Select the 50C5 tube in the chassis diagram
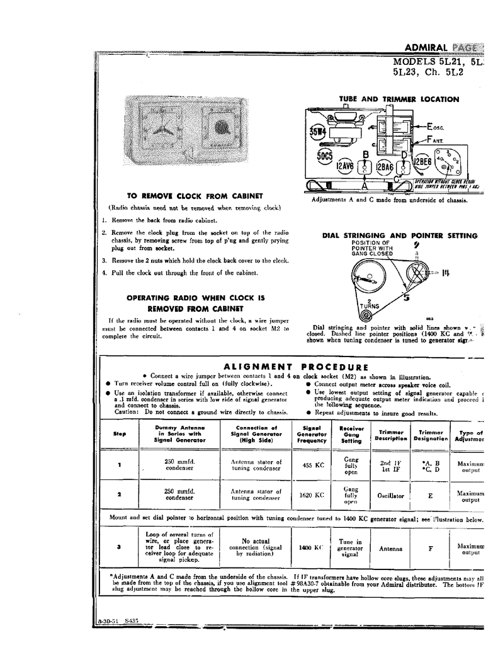pos(325,155)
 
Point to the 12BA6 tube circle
pos(385,167)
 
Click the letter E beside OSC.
pos(430,125)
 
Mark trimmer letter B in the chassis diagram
pos(365,156)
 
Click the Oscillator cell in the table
pos(391,496)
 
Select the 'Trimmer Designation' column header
pos(431,435)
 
